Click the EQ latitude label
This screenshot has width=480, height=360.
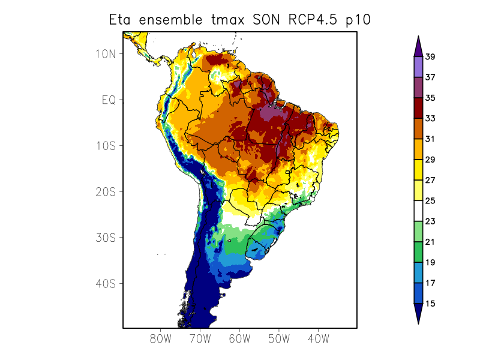(109, 100)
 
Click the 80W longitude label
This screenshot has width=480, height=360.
(161, 339)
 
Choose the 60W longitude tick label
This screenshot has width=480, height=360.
(239, 339)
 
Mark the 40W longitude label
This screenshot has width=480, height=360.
(318, 339)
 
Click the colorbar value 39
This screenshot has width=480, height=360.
(430, 57)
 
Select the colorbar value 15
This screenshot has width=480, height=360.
(430, 304)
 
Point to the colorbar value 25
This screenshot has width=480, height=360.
(430, 201)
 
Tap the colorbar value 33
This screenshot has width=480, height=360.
(430, 119)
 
